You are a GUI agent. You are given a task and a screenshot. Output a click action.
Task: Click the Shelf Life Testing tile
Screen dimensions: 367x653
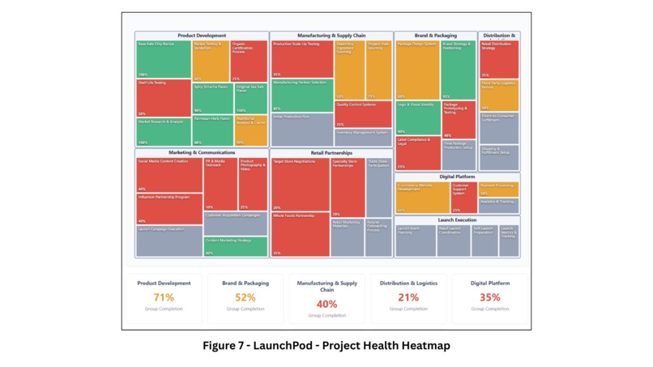pos(164,98)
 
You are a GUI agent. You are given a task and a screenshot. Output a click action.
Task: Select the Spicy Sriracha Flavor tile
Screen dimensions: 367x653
pos(212,98)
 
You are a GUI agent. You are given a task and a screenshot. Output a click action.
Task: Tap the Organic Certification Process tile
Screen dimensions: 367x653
pos(250,61)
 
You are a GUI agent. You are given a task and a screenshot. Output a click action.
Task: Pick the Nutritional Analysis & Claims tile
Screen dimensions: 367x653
pos(250,130)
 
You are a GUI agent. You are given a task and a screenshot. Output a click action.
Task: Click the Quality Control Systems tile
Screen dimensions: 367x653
pos(363,113)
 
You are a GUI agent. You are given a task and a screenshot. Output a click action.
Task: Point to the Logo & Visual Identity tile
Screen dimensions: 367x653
pos(417,118)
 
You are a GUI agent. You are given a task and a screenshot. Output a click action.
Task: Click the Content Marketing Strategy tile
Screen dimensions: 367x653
pos(235,246)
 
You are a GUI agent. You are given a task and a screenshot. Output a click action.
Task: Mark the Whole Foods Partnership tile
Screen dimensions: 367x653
pos(301,234)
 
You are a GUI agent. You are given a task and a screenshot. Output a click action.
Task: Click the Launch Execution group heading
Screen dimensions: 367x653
pos(457,220)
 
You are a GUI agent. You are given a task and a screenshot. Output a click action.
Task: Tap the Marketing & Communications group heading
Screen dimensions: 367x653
pos(202,152)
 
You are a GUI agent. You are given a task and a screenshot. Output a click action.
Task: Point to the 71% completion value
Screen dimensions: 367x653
pos(164,297)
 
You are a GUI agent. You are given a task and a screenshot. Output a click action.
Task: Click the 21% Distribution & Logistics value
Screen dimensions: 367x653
pos(408,297)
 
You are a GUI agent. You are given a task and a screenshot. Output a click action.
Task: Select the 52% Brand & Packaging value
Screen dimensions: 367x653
pos(245,297)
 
